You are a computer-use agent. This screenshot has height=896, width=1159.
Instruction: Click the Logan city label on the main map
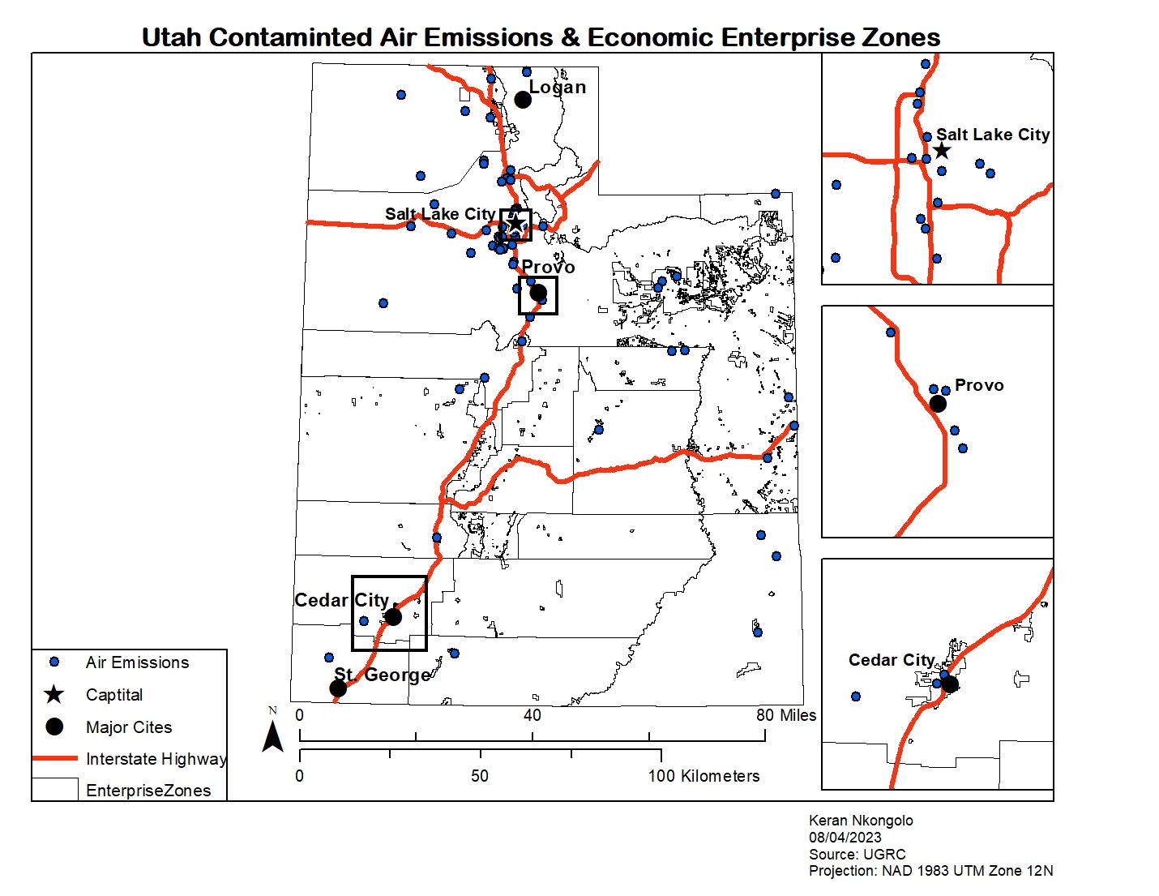557,87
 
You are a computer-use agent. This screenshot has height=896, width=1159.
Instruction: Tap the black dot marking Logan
523,100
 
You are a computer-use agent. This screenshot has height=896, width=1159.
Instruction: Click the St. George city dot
338,688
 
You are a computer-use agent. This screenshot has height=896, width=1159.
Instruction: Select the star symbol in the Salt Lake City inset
941,151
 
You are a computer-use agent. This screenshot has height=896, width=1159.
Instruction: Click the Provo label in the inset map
979,385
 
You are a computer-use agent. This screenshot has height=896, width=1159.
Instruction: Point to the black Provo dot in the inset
938,403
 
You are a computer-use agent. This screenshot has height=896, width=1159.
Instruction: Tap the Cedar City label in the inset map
891,660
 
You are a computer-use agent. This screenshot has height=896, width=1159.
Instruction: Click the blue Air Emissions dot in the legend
54,662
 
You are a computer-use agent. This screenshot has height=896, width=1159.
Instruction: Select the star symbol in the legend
54,695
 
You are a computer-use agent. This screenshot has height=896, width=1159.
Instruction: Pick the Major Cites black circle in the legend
54,727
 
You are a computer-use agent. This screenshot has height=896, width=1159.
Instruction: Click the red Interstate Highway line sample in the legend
54,759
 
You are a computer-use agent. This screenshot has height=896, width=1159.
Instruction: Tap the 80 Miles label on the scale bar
785,715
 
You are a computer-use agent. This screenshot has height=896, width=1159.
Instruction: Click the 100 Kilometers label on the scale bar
704,776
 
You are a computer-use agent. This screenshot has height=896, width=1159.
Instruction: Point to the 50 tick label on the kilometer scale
480,776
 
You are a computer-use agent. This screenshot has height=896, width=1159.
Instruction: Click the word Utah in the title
171,37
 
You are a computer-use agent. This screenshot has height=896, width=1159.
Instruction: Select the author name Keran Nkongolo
861,821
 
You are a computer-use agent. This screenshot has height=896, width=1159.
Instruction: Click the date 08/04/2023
845,838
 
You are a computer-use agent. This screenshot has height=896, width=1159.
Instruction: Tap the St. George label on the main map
382,675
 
